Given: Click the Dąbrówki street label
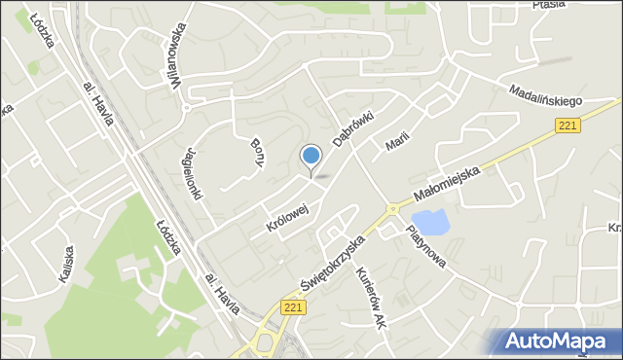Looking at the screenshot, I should tap(352, 126).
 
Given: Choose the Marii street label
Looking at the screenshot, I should tap(394, 140).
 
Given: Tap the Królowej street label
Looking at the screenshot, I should tap(287, 218).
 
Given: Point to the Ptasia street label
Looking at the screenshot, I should tap(549, 5).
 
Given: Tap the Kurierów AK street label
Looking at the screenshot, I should tap(372, 297).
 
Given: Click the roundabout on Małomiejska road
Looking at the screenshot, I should tap(392, 208).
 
